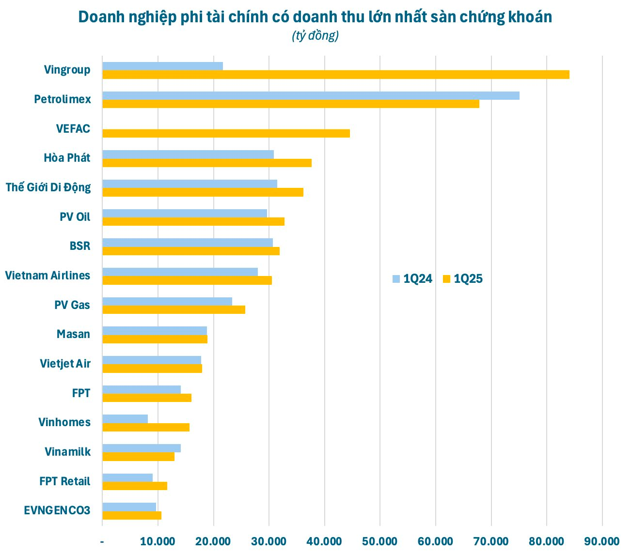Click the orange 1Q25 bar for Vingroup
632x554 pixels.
click(335, 75)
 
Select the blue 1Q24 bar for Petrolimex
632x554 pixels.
click(311, 95)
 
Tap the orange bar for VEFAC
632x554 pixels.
click(226, 133)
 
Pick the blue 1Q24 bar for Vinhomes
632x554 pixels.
click(125, 419)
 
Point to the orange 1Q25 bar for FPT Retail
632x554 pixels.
click(135, 486)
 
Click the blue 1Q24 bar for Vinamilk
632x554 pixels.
click(142, 448)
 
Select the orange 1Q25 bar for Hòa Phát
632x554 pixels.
click(207, 163)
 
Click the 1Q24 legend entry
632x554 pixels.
click(412, 279)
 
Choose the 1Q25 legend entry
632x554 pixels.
click(463, 279)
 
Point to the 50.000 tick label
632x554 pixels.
click(380, 541)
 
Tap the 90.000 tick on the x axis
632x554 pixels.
click(602, 541)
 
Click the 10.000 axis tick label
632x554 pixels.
click(158, 541)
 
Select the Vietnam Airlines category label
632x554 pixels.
click(47, 276)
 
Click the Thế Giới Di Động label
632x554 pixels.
click(48, 187)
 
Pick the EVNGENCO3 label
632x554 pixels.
click(57, 510)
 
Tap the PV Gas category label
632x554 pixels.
click(72, 305)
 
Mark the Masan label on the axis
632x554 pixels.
click(73, 334)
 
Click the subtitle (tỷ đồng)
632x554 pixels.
click(315, 36)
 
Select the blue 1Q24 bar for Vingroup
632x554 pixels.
click(162, 66)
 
